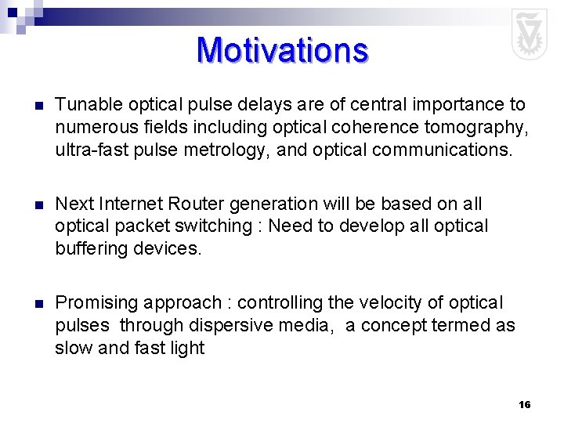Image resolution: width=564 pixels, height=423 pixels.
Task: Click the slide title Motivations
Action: (282, 49)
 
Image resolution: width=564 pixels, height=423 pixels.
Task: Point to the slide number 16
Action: (524, 404)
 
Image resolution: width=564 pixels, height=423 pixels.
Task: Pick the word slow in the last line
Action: (71, 348)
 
